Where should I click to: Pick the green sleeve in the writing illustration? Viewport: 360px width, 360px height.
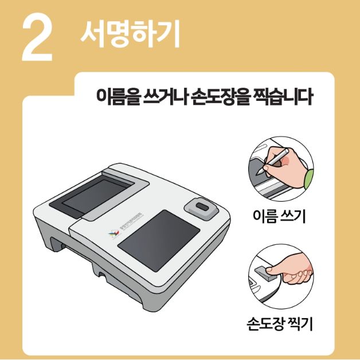[308, 178]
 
